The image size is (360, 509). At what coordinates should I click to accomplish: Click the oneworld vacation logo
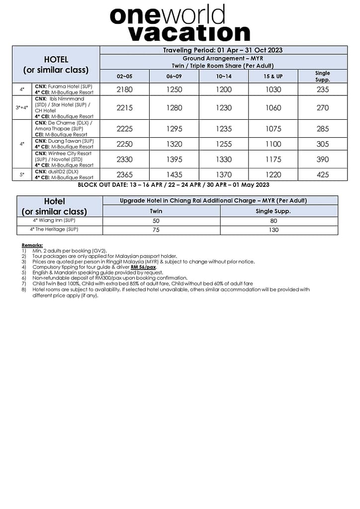(180, 23)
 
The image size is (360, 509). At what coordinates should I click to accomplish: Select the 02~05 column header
(125, 76)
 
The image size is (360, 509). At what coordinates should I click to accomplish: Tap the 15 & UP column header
(273, 76)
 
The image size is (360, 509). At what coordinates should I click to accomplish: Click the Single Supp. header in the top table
(322, 76)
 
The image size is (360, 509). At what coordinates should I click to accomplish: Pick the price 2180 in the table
(125, 89)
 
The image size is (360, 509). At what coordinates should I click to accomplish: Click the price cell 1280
(174, 107)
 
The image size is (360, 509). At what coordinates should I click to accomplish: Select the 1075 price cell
(273, 129)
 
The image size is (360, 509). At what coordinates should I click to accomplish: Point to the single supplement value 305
(322, 144)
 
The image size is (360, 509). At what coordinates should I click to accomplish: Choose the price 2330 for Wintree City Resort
(125, 160)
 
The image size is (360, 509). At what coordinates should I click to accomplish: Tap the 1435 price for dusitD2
(174, 175)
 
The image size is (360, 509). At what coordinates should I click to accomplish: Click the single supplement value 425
(322, 175)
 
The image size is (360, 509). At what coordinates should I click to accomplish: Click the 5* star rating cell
(22, 175)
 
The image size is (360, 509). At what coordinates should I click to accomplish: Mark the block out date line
(174, 185)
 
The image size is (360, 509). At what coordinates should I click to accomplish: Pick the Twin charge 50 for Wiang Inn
(156, 221)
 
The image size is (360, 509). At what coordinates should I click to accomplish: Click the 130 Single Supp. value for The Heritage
(273, 230)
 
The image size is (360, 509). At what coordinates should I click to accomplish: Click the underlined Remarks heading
(32, 246)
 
